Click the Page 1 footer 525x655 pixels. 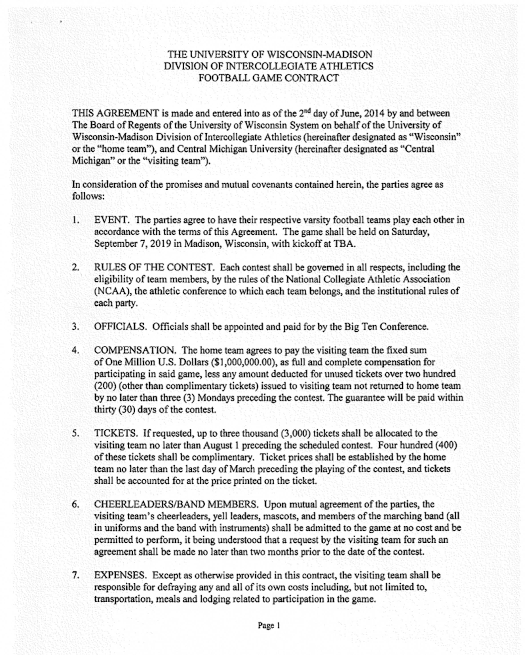(x=269, y=625)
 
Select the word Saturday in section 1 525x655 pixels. (x=410, y=232)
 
